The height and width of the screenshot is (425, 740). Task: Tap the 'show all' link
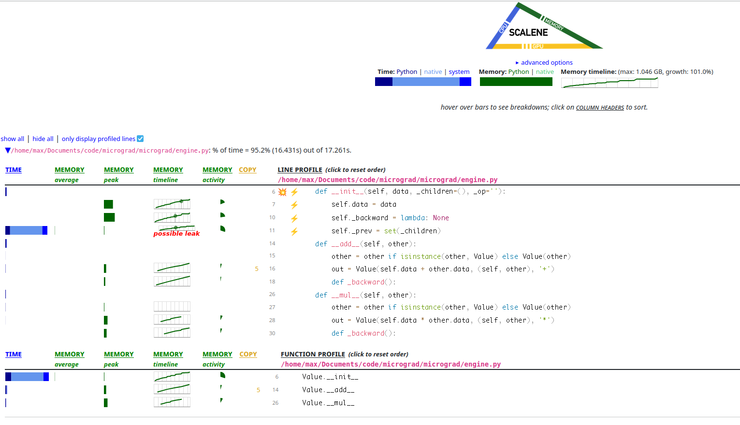pyautogui.click(x=12, y=139)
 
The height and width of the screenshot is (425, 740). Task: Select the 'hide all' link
pyautogui.click(x=43, y=139)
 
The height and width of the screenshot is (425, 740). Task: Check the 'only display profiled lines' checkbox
pyautogui.click(x=140, y=139)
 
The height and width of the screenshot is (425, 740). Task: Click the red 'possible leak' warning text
pyautogui.click(x=176, y=234)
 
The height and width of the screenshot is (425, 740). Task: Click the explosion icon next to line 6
pyautogui.click(x=282, y=192)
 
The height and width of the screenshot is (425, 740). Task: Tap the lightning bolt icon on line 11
pyautogui.click(x=294, y=231)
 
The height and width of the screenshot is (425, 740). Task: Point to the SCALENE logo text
pyautogui.click(x=528, y=32)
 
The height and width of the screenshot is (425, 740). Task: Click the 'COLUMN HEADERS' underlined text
pyautogui.click(x=600, y=108)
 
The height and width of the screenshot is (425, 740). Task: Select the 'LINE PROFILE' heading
pyautogui.click(x=300, y=170)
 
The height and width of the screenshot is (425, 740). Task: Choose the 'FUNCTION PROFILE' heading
pyautogui.click(x=313, y=354)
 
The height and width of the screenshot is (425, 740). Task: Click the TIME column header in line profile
pyautogui.click(x=14, y=170)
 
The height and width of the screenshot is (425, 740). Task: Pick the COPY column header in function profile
pyautogui.click(x=248, y=354)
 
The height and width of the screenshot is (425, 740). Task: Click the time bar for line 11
pyautogui.click(x=27, y=230)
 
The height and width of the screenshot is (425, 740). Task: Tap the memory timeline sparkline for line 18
pyautogui.click(x=172, y=281)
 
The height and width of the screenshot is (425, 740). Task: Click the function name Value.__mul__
pyautogui.click(x=328, y=403)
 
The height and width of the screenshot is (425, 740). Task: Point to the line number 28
pyautogui.click(x=272, y=320)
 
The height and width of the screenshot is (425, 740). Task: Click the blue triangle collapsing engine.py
pyautogui.click(x=8, y=151)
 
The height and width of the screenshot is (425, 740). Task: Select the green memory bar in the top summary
pyautogui.click(x=516, y=82)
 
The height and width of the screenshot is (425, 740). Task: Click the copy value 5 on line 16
pyautogui.click(x=257, y=269)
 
